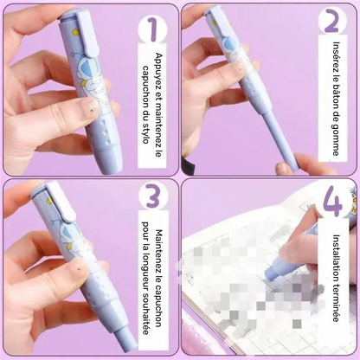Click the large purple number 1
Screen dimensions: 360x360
(x=153, y=30)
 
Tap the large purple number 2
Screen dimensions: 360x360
(x=331, y=21)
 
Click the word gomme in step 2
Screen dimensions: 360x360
(x=336, y=141)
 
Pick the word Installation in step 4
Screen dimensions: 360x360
(x=337, y=257)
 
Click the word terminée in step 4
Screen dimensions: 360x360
(x=336, y=303)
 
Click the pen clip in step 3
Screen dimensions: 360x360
(x=61, y=202)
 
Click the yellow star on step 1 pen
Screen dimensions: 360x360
(x=76, y=32)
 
